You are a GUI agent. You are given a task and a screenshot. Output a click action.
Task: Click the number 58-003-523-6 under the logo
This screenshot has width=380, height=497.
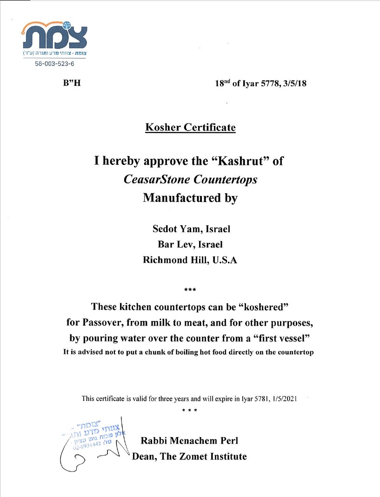54,64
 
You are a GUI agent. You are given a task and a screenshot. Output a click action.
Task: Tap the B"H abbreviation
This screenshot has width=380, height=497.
68,84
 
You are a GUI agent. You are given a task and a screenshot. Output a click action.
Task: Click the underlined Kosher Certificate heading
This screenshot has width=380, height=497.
190,127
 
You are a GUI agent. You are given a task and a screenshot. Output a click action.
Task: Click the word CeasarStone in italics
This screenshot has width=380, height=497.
153,179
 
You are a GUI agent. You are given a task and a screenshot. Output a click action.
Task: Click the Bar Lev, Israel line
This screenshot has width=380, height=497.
190,245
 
